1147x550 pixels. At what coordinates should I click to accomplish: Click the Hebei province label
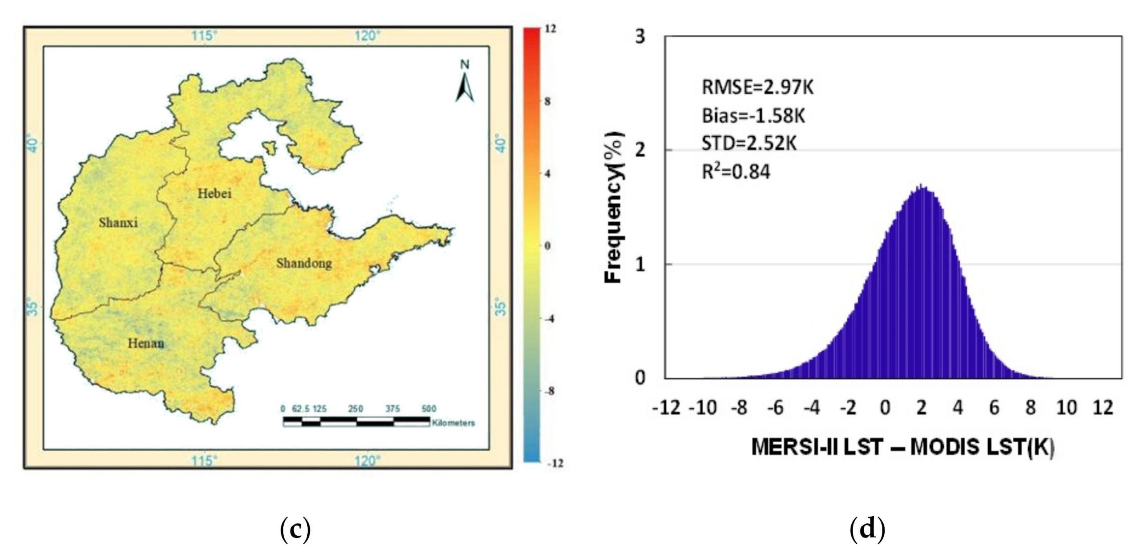tap(215, 194)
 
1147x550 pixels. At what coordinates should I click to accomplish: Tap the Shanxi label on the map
tap(118, 223)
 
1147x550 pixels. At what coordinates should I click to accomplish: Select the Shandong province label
tap(304, 263)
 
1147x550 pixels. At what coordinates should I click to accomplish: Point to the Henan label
tap(146, 344)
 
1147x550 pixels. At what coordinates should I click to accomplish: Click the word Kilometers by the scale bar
tap(453, 423)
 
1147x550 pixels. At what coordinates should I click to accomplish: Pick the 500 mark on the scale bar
tap(429, 409)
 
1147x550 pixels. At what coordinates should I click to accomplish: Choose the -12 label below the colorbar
tap(554, 464)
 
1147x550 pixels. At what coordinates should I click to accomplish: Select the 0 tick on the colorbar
tap(547, 246)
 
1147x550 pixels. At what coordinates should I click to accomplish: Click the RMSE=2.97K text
tap(757, 87)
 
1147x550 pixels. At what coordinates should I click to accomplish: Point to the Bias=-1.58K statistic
tap(753, 116)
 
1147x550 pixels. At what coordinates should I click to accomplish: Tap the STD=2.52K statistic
tap(749, 143)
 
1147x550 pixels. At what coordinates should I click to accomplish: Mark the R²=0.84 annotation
tap(736, 171)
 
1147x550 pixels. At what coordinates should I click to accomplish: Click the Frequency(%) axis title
tap(614, 208)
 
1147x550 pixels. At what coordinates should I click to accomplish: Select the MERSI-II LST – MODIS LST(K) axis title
tap(903, 448)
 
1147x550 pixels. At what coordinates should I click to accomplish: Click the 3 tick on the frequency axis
tap(640, 37)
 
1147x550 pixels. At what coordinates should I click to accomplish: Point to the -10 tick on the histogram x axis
tap(703, 408)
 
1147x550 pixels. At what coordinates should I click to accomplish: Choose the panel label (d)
tap(867, 530)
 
